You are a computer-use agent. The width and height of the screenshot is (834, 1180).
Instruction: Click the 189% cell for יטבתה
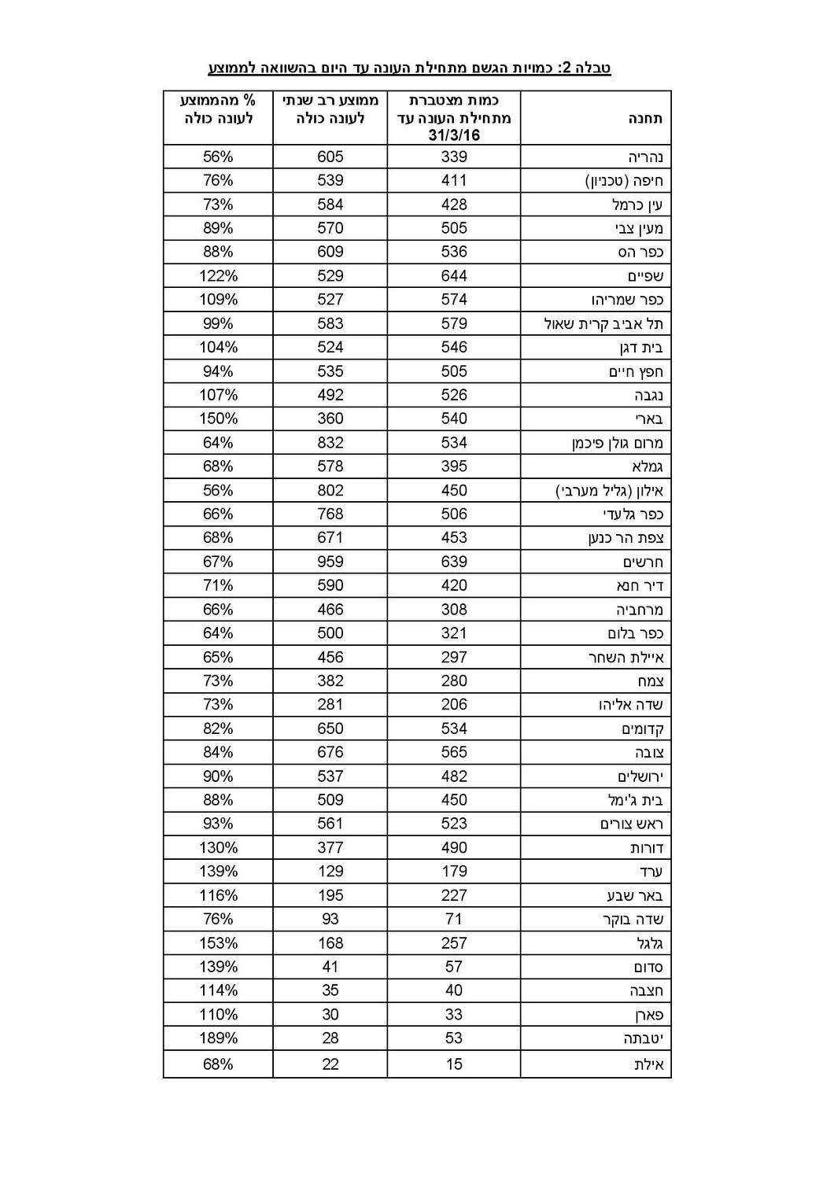pos(218,1038)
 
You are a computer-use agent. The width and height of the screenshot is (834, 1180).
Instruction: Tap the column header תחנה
pos(644,118)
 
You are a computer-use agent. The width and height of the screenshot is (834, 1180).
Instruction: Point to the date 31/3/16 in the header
pos(454,135)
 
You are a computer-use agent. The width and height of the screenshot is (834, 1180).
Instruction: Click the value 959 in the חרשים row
pos(330,562)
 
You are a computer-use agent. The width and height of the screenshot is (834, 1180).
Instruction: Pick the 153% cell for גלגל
pos(218,943)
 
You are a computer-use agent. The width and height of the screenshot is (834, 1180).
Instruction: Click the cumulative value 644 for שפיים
pos(454,276)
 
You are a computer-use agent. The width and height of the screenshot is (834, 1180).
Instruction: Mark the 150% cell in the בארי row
pos(218,419)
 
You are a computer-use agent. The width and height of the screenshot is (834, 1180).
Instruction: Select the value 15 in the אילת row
pos(454,1064)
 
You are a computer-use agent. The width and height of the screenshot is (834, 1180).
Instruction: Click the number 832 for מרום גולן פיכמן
pos(330,443)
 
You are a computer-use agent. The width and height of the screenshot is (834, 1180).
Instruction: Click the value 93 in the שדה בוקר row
pos(330,919)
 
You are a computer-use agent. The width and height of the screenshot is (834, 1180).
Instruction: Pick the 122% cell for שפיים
pos(218,276)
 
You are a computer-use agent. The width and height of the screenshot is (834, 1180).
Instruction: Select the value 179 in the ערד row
pos(454,872)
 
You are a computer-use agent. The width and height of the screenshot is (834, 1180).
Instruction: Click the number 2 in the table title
pos(565,68)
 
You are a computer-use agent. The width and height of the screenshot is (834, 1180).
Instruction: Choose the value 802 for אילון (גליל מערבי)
pos(330,490)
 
